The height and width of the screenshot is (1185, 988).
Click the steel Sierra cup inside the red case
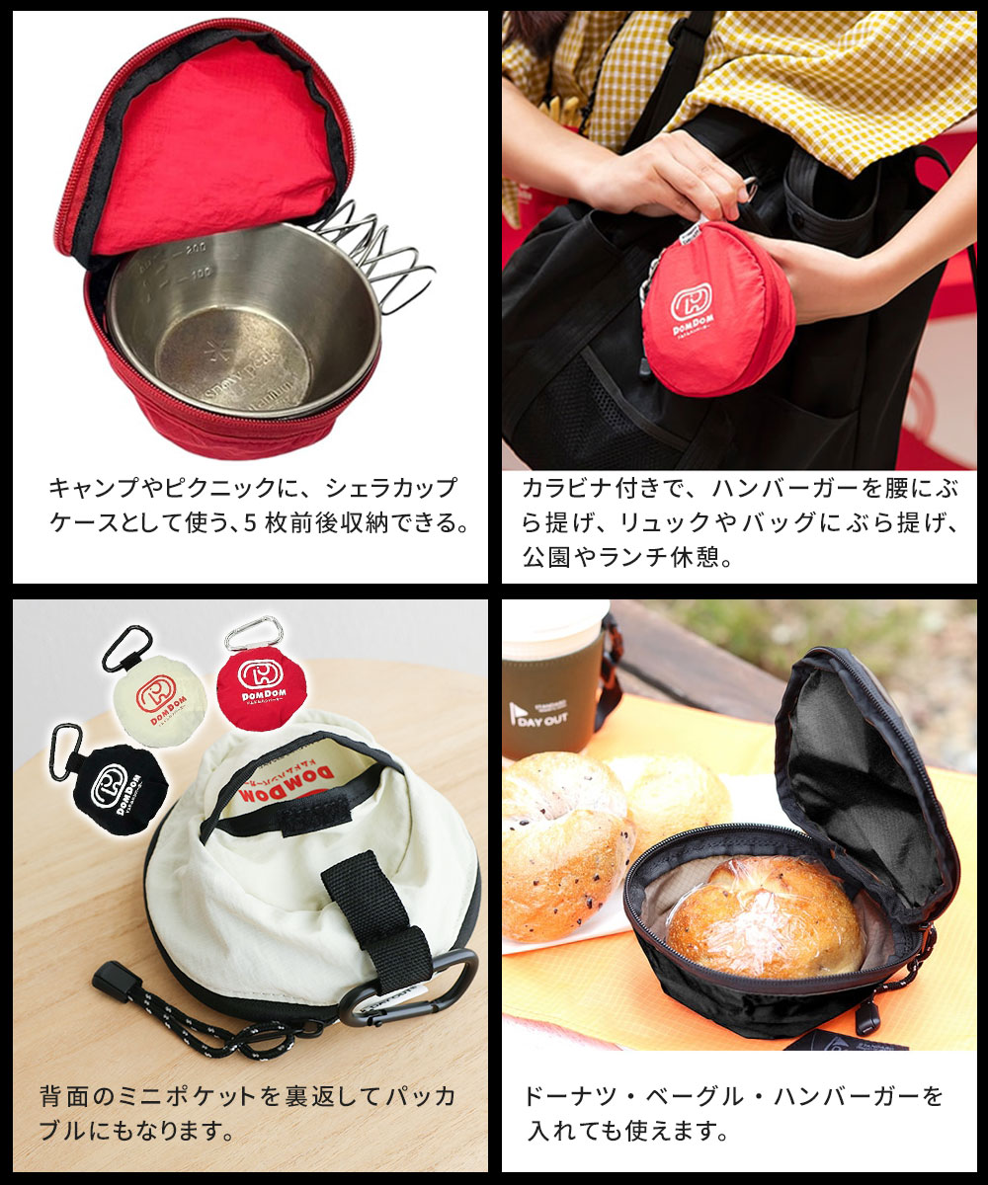pyautogui.click(x=242, y=326)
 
